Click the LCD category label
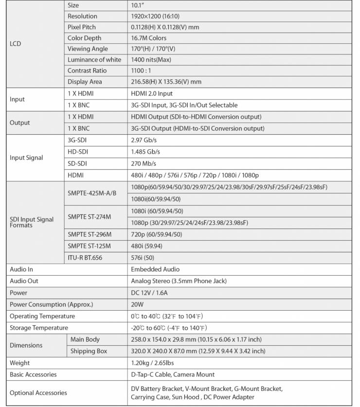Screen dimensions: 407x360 (x=16, y=44)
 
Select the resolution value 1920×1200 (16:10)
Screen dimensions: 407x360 (x=160, y=17)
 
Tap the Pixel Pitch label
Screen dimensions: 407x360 (x=82, y=27)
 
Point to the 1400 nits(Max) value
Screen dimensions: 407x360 (x=151, y=60)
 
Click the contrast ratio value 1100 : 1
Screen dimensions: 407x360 (x=144, y=71)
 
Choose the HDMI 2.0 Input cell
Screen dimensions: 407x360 (x=152, y=93)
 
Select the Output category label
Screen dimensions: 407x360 (x=20, y=123)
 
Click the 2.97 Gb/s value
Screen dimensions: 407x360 (x=144, y=140)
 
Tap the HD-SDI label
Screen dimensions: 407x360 (x=78, y=152)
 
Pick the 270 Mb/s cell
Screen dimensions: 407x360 (x=144, y=163)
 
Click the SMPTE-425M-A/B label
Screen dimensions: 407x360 (x=92, y=193)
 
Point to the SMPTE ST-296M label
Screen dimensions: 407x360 (x=90, y=234)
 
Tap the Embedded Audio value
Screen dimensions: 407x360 (x=155, y=269)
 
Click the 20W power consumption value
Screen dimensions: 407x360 (x=137, y=304)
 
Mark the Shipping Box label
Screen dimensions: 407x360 (x=89, y=351)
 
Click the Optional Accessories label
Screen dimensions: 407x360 (x=38, y=393)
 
